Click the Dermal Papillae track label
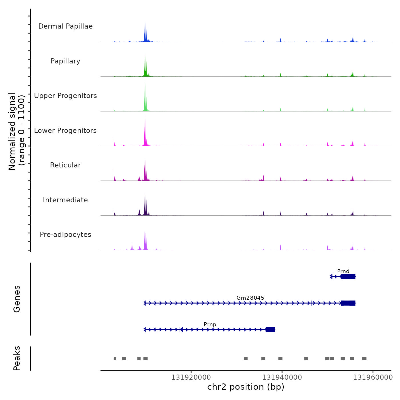click(x=65, y=26)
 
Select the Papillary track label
click(x=65, y=61)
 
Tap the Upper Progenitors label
click(x=65, y=96)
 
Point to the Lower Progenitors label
click(x=65, y=131)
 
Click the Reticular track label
click(x=65, y=165)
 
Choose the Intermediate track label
click(x=65, y=200)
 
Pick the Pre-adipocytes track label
click(x=65, y=235)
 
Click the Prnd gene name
click(x=343, y=271)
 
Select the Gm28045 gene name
click(x=250, y=298)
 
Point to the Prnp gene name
click(x=210, y=324)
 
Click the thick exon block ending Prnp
click(x=270, y=330)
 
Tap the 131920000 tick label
click(x=191, y=377)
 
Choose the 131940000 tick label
click(x=282, y=377)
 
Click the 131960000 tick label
click(x=373, y=377)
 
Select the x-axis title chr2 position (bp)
click(x=246, y=387)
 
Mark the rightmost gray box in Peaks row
click(x=364, y=359)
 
